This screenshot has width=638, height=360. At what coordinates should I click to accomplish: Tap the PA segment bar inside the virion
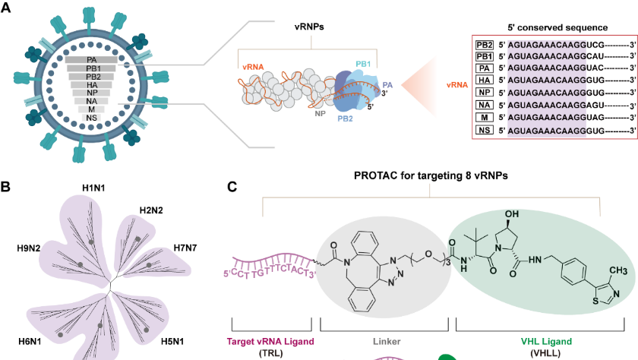pos(91,59)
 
